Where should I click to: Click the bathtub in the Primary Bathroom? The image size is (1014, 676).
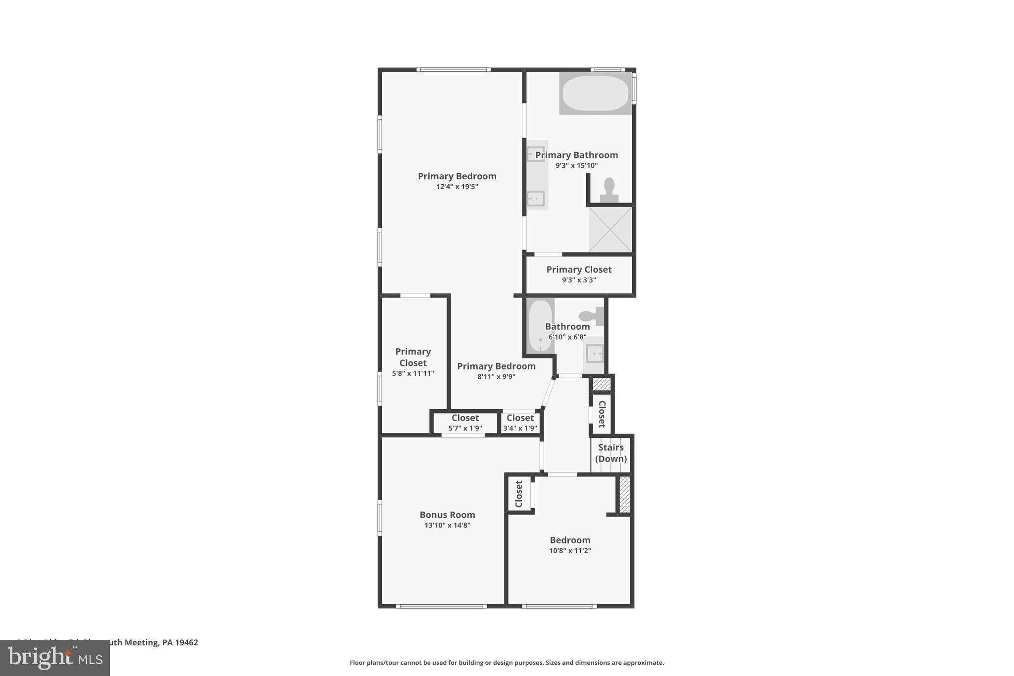(x=595, y=93)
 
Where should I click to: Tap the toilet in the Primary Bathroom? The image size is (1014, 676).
(x=609, y=190)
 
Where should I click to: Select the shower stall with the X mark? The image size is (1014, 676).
(x=610, y=229)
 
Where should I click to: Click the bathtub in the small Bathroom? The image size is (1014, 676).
(x=540, y=326)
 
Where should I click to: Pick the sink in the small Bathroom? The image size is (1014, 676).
(x=594, y=354)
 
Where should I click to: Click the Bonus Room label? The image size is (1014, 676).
(x=447, y=515)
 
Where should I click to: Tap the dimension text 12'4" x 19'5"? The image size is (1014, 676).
(x=457, y=187)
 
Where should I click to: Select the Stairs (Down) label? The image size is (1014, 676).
(x=610, y=453)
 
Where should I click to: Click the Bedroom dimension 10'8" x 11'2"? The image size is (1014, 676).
(x=570, y=550)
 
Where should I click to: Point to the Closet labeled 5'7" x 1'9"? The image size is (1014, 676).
(x=465, y=422)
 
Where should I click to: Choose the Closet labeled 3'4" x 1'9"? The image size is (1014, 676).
(x=520, y=422)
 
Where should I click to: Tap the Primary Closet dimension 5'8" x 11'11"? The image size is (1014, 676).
(x=413, y=373)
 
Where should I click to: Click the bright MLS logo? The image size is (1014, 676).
(x=54, y=658)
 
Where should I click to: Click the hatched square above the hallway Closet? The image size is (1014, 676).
(x=602, y=384)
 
